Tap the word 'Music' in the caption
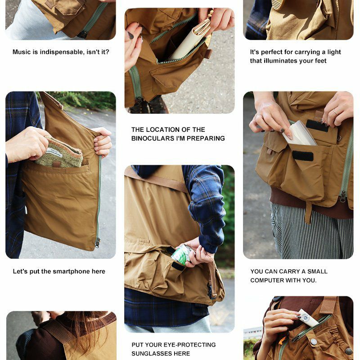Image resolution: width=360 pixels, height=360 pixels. (22, 52)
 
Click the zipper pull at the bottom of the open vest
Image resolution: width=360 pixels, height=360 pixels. (97, 243)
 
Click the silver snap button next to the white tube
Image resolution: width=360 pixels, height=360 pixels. (313, 342)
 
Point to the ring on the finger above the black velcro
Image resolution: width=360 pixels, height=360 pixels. (335, 112)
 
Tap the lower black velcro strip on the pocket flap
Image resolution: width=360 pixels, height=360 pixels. (302, 156)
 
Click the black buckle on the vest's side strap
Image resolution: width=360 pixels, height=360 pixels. (210, 290)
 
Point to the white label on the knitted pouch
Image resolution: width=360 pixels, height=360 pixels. (54, 153)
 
